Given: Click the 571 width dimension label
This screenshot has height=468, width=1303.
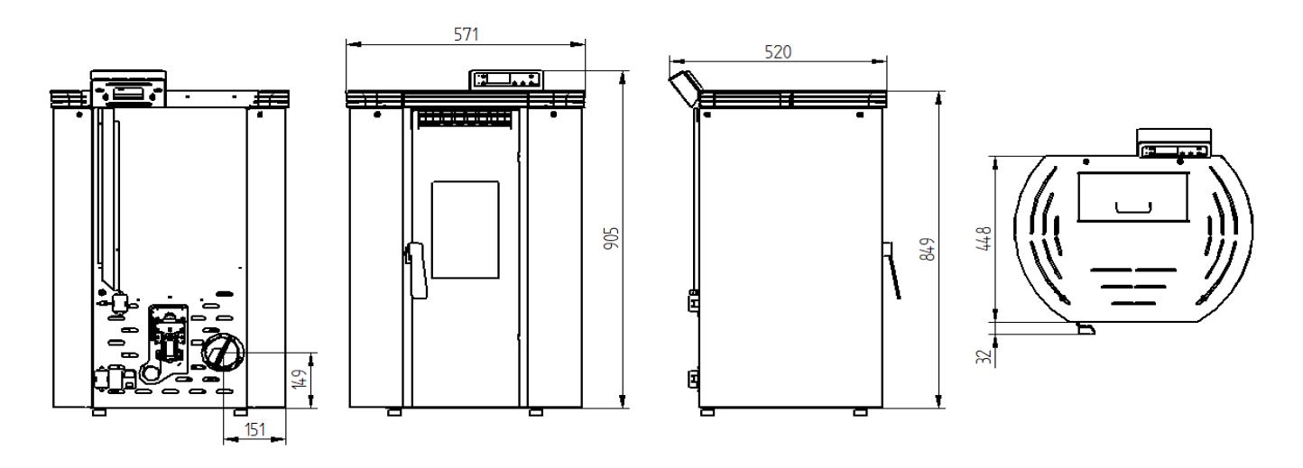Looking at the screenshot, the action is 466,35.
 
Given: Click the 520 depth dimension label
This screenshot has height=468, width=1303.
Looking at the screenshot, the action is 778,52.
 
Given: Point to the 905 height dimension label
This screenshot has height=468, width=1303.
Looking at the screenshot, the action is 612,238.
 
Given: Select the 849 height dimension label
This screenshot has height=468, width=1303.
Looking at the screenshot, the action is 929,249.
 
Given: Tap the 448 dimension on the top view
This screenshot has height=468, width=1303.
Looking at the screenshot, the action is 984,238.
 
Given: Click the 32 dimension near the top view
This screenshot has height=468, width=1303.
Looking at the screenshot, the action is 984,356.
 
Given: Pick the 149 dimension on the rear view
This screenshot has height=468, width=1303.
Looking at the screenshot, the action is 299,380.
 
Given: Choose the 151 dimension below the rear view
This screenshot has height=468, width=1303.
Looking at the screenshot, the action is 254,429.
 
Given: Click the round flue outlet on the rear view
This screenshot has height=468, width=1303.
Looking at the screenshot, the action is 224,353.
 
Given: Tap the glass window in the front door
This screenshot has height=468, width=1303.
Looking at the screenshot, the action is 465,230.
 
